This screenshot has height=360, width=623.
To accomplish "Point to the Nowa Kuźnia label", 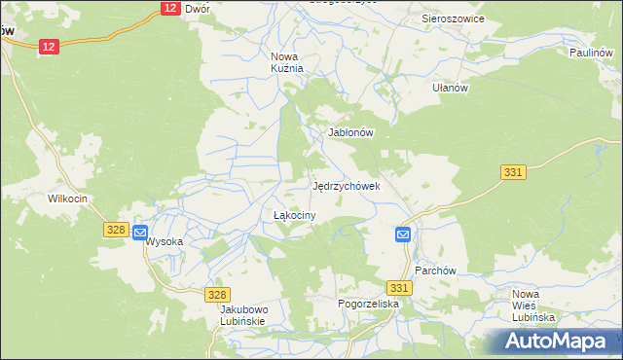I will coord(287,62).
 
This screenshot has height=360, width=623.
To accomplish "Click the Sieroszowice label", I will coord(453,18).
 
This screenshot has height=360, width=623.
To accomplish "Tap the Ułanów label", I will coord(451,88).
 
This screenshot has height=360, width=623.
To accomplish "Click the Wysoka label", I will coord(165,241).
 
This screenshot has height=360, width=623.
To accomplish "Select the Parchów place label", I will coord(436,270).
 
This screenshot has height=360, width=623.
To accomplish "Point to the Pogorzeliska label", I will coord(369,304).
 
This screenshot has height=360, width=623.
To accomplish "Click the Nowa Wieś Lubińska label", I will coord(532,306).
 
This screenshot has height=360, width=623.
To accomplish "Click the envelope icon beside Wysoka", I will coord(139,234).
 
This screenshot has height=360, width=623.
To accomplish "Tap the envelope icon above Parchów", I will coord(403,234).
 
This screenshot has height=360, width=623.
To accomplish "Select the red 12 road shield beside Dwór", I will coord(169,8).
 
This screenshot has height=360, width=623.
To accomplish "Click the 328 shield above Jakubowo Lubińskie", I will coord(218,294).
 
